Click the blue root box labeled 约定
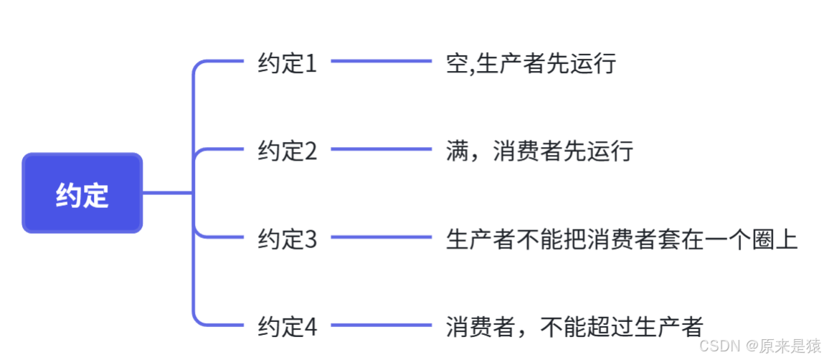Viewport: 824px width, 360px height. pos(82,194)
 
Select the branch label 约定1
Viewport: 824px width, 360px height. pos(287,64)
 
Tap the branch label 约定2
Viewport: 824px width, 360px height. pos(287,151)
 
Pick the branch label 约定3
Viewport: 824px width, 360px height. pos(287,239)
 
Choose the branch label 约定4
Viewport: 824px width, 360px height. pos(287,327)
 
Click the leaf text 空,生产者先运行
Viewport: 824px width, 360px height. pos(531,64)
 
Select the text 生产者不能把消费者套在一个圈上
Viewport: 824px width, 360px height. pos(622,239)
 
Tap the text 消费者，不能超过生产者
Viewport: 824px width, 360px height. pos(574,327)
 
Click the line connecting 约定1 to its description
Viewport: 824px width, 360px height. pos(381,62)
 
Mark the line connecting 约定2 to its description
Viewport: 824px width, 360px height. pos(381,149)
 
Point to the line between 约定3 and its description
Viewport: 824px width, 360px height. pos(381,237)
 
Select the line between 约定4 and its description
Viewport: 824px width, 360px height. pos(381,326)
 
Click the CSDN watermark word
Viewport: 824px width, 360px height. pos(719,346)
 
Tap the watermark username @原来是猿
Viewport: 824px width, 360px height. pos(784,346)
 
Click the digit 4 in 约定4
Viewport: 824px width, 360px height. pos(310,327)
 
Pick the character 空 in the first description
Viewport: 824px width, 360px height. pos(457,64)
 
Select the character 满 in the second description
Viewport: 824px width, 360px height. pos(457,151)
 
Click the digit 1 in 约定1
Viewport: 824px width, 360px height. pos(310,64)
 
